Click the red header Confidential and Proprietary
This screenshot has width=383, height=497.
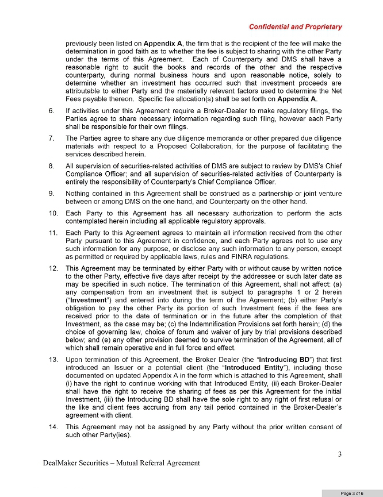click(x=295, y=26)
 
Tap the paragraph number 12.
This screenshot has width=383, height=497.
click(x=53, y=268)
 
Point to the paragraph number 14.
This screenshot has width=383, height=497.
click(x=53, y=427)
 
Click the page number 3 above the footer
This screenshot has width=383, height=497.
click(x=340, y=455)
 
